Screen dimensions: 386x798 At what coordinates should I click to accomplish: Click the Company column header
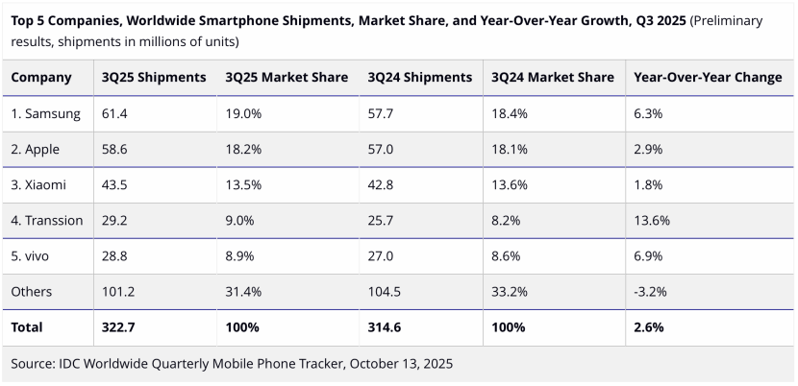[41, 78]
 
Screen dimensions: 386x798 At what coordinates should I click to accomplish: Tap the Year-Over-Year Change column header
[708, 78]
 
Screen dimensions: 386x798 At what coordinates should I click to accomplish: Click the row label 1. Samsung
[45, 113]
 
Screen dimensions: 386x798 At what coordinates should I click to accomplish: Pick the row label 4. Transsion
[47, 220]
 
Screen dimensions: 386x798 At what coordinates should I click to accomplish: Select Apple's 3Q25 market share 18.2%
[243, 149]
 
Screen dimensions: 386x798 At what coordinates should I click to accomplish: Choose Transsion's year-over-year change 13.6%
[652, 220]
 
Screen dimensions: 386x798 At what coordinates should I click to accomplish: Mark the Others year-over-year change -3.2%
[651, 291]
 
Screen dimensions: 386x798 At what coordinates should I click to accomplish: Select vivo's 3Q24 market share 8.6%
[506, 255]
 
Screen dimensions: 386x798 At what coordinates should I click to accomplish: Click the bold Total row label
[27, 326]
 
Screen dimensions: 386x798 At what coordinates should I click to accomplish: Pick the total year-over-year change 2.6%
[649, 326]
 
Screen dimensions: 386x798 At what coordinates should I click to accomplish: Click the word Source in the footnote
[35, 364]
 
